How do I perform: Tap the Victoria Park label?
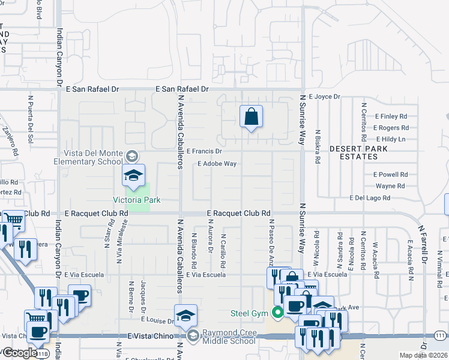[x=136, y=200]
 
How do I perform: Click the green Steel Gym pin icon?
[x=277, y=313]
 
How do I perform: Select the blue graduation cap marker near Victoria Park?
[x=134, y=175]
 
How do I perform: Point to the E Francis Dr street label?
[x=204, y=152]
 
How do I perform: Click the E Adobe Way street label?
[x=217, y=164]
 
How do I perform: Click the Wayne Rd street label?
[x=390, y=186]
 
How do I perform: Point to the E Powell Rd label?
[x=390, y=175]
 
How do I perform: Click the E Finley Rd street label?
[x=390, y=116]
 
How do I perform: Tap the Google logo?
[x=20, y=353]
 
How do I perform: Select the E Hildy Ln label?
[x=390, y=139]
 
